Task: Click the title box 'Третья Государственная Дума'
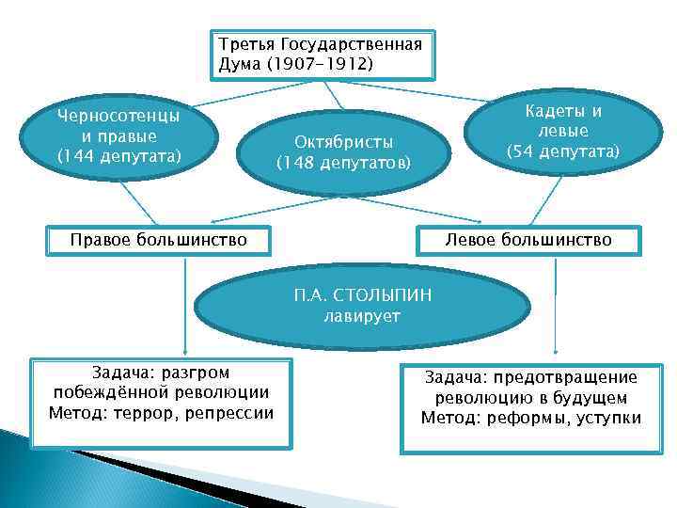(322, 54)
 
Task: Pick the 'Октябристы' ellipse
(343, 151)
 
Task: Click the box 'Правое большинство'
(159, 240)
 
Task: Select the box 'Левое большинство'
(528, 240)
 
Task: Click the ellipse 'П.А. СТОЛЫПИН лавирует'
(362, 306)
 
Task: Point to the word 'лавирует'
(362, 316)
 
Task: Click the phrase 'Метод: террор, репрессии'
(161, 413)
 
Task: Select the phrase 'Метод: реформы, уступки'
(530, 418)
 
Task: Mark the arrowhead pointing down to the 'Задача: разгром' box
(183, 352)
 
